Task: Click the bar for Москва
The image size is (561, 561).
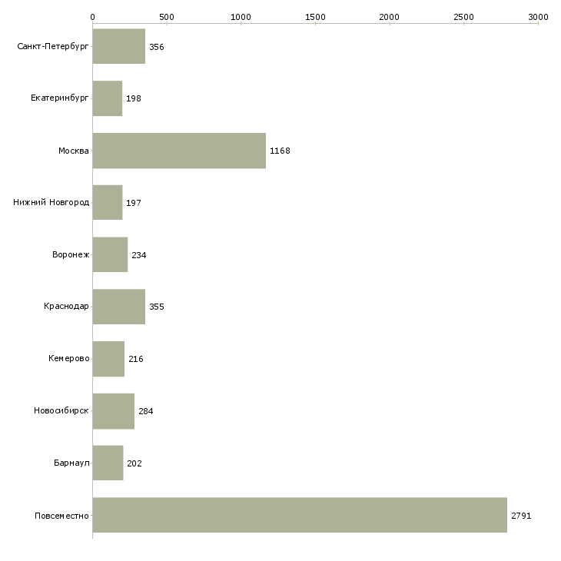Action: pyautogui.click(x=179, y=151)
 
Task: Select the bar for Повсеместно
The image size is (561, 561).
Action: pyautogui.click(x=300, y=515)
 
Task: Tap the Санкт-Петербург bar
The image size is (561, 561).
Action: pyautogui.click(x=118, y=47)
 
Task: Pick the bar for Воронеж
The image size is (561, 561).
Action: pyautogui.click(x=110, y=255)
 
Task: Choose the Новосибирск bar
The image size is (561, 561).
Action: pyautogui.click(x=113, y=411)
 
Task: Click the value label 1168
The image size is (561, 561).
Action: pyautogui.click(x=280, y=151)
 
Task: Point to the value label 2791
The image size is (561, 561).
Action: pyautogui.click(x=521, y=516)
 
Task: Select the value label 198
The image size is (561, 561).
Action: pyautogui.click(x=134, y=99)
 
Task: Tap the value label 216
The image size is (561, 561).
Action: pyautogui.click(x=135, y=359)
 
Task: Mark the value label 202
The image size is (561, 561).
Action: pyautogui.click(x=134, y=463)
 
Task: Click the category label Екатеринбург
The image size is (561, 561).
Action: pyautogui.click(x=60, y=99)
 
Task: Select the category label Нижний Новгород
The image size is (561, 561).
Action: pyautogui.click(x=51, y=203)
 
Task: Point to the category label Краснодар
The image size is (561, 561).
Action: pyautogui.click(x=66, y=307)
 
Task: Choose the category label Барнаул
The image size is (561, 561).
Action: pyautogui.click(x=71, y=463)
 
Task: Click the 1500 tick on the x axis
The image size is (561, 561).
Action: pyautogui.click(x=315, y=16)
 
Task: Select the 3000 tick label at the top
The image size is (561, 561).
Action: pyautogui.click(x=538, y=16)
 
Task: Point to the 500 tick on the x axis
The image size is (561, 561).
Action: pyautogui.click(x=167, y=16)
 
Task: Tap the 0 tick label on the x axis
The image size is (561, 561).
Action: pyautogui.click(x=93, y=16)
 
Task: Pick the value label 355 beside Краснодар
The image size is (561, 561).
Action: pyautogui.click(x=157, y=307)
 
